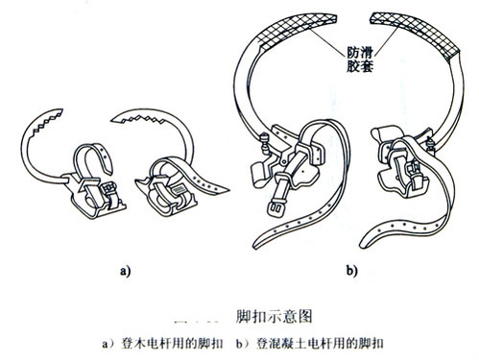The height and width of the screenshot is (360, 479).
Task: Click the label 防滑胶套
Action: tap(360, 60)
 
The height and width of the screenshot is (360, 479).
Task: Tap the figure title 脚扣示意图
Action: tap(274, 317)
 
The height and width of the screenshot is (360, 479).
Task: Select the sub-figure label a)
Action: tap(126, 272)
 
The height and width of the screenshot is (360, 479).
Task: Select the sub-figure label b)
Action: tap(351, 271)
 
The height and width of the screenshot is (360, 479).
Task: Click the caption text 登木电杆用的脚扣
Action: tap(172, 344)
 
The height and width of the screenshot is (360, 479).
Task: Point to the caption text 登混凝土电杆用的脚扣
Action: tap(320, 344)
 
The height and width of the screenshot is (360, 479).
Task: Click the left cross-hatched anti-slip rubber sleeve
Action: tap(296, 30)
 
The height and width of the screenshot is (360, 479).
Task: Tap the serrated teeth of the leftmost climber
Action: tap(46, 122)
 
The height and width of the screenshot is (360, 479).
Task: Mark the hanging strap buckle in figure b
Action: tap(275, 208)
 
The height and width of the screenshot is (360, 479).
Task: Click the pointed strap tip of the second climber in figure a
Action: tap(224, 190)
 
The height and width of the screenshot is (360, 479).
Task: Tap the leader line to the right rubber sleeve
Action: tap(387, 41)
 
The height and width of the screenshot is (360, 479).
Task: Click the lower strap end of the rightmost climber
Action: tap(368, 242)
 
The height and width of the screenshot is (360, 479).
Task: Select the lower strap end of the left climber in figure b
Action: tap(262, 242)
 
